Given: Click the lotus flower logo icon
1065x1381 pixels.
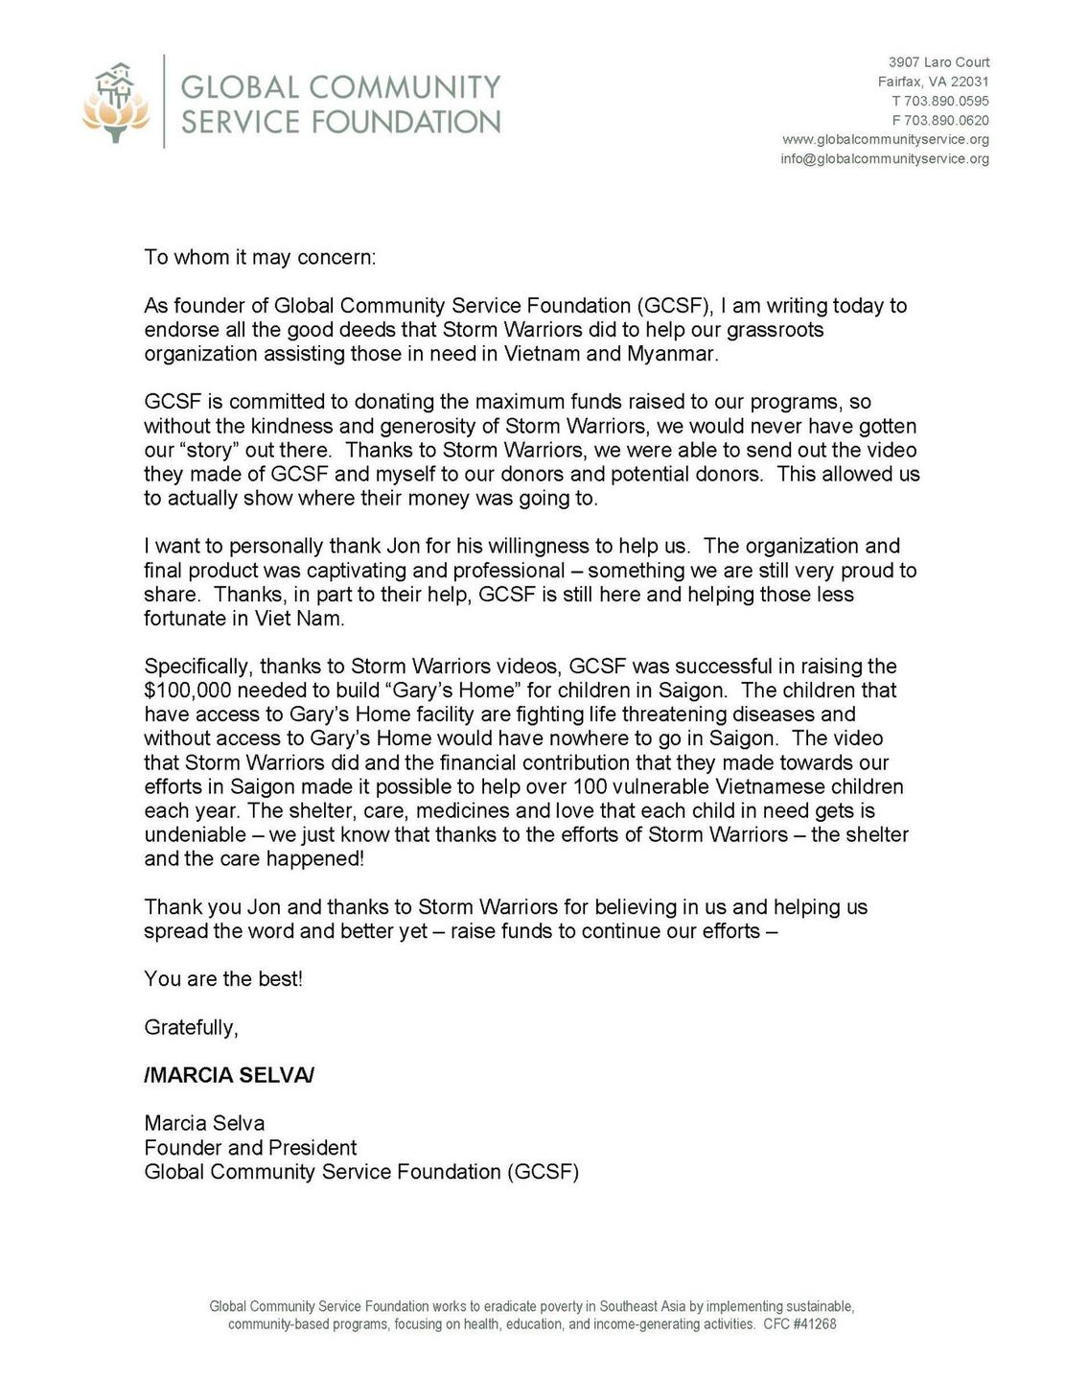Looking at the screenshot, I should point(116,103).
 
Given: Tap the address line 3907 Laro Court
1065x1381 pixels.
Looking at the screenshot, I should point(938,62).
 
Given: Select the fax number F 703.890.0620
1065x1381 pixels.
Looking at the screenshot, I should point(940,120).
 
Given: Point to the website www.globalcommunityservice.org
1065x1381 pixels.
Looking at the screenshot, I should point(886,139).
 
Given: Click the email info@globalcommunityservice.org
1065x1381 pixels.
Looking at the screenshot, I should point(884,158).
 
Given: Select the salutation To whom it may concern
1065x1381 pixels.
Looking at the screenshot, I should point(260,257).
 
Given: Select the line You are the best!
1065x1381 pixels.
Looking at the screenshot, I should point(223,979).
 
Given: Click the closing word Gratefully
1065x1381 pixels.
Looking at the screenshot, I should point(191,1027).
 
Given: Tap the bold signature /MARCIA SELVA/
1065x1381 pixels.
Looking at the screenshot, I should point(229,1075).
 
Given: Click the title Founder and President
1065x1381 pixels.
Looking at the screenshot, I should point(250,1148).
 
